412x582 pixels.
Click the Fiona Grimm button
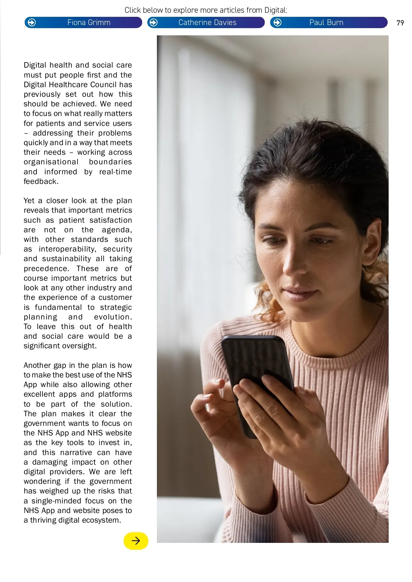[89, 23]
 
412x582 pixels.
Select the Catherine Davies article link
[207, 23]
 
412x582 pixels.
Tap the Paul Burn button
[326, 23]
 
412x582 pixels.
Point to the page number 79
[400, 23]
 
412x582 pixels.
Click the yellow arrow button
[136, 541]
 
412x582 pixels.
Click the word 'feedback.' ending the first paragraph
[41, 182]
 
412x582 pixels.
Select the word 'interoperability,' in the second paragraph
[67, 249]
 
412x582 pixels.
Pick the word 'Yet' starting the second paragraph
[29, 201]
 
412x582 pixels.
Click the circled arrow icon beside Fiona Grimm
[32, 23]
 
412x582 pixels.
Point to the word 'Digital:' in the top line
[276, 10]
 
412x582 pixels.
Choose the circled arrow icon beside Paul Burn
[277, 23]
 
